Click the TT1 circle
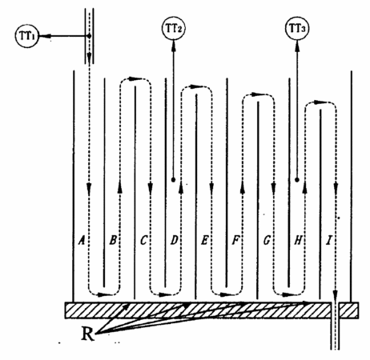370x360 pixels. point(26,35)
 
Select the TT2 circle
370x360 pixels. point(174,28)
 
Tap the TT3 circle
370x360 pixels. point(297,28)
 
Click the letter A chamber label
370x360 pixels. point(81,241)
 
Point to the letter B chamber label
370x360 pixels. point(113,241)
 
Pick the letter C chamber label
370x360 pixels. point(143,241)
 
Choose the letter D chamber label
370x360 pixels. point(174,241)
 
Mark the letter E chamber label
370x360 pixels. point(204,241)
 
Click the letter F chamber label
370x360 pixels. point(235,241)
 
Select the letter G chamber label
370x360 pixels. point(267,241)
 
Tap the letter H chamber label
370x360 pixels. point(298,241)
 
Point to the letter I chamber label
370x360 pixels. point(329,241)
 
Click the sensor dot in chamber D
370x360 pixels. point(173,180)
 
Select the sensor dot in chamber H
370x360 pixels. point(297,180)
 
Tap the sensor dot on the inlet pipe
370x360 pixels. point(89,35)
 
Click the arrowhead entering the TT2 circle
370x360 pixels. point(174,44)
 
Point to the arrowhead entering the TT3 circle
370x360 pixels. point(297,44)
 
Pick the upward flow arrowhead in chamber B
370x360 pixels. point(120,186)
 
